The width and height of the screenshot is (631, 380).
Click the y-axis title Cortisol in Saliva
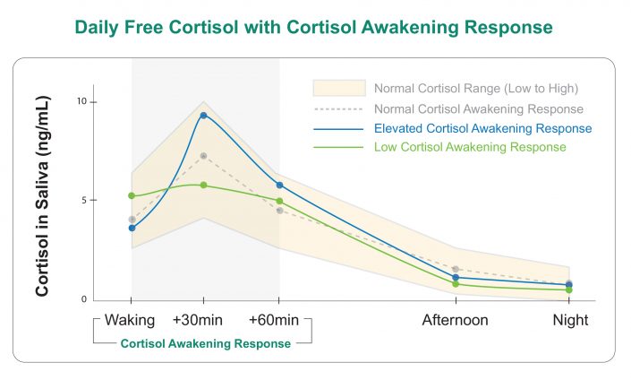[42, 202]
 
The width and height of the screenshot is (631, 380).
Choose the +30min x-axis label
[204, 320]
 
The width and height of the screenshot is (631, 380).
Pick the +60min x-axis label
[279, 320]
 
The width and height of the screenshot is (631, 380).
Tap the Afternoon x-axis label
[456, 320]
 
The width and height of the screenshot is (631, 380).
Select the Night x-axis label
[569, 320]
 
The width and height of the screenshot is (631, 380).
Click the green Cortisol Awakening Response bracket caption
[205, 343]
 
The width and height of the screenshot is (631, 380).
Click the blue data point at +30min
[204, 116]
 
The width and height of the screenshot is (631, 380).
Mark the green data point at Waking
[132, 195]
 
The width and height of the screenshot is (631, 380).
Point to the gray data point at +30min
[204, 156]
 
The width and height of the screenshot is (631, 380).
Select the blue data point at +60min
[279, 185]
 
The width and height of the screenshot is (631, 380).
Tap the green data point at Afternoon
[456, 284]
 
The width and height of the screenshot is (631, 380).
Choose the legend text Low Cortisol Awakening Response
[471, 146]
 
